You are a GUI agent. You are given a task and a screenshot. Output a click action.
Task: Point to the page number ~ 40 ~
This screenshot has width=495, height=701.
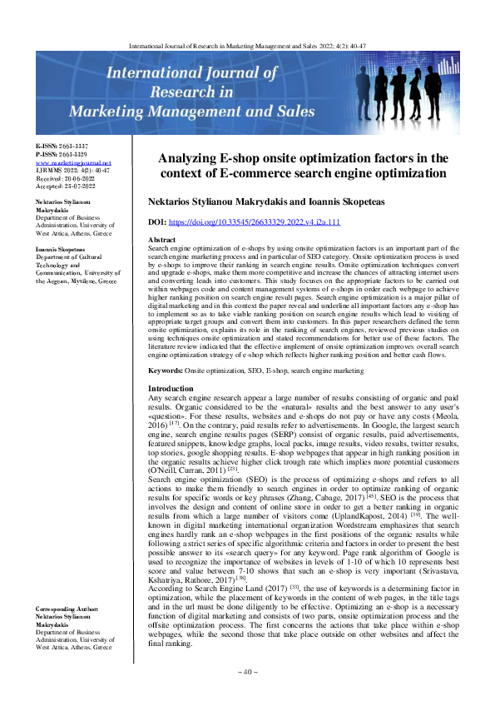248,670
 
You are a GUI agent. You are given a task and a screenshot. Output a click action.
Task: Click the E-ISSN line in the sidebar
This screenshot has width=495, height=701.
62,146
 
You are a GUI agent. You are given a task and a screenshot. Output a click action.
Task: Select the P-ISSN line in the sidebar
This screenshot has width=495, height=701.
62,154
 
